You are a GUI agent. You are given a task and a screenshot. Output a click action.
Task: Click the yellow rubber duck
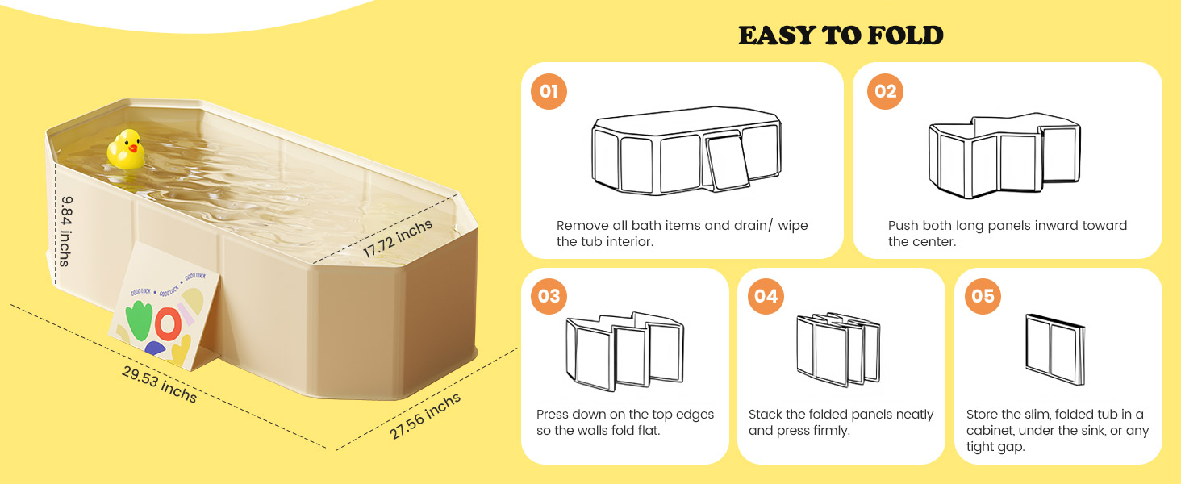pos(126,150)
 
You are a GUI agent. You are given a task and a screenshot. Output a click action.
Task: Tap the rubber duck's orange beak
pos(133,148)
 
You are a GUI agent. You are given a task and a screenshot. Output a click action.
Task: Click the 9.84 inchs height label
pos(65,231)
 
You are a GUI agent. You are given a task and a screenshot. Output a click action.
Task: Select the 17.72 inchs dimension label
pos(398,239)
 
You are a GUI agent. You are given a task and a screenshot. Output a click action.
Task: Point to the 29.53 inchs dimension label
pos(159,384)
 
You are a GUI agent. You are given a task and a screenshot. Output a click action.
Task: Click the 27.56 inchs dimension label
pos(425,416)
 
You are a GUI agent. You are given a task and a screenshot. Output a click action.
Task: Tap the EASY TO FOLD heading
pos(841,35)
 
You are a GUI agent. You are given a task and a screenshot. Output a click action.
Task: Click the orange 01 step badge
pos(549,91)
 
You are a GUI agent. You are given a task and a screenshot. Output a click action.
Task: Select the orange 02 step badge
pos(885,91)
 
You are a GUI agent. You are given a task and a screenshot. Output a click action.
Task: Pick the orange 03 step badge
pos(549,296)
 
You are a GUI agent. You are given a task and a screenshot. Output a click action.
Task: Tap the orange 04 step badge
pos(766,296)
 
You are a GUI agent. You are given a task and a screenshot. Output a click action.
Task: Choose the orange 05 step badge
pos(983,296)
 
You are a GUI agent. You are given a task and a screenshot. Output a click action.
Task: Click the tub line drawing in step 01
pos(686,151)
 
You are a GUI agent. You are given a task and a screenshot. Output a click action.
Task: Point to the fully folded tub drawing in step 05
pos(1055,349)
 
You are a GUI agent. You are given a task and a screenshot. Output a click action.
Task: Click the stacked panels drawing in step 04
pos(838,349)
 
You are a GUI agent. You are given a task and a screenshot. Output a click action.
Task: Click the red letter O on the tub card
pos(168,323)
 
